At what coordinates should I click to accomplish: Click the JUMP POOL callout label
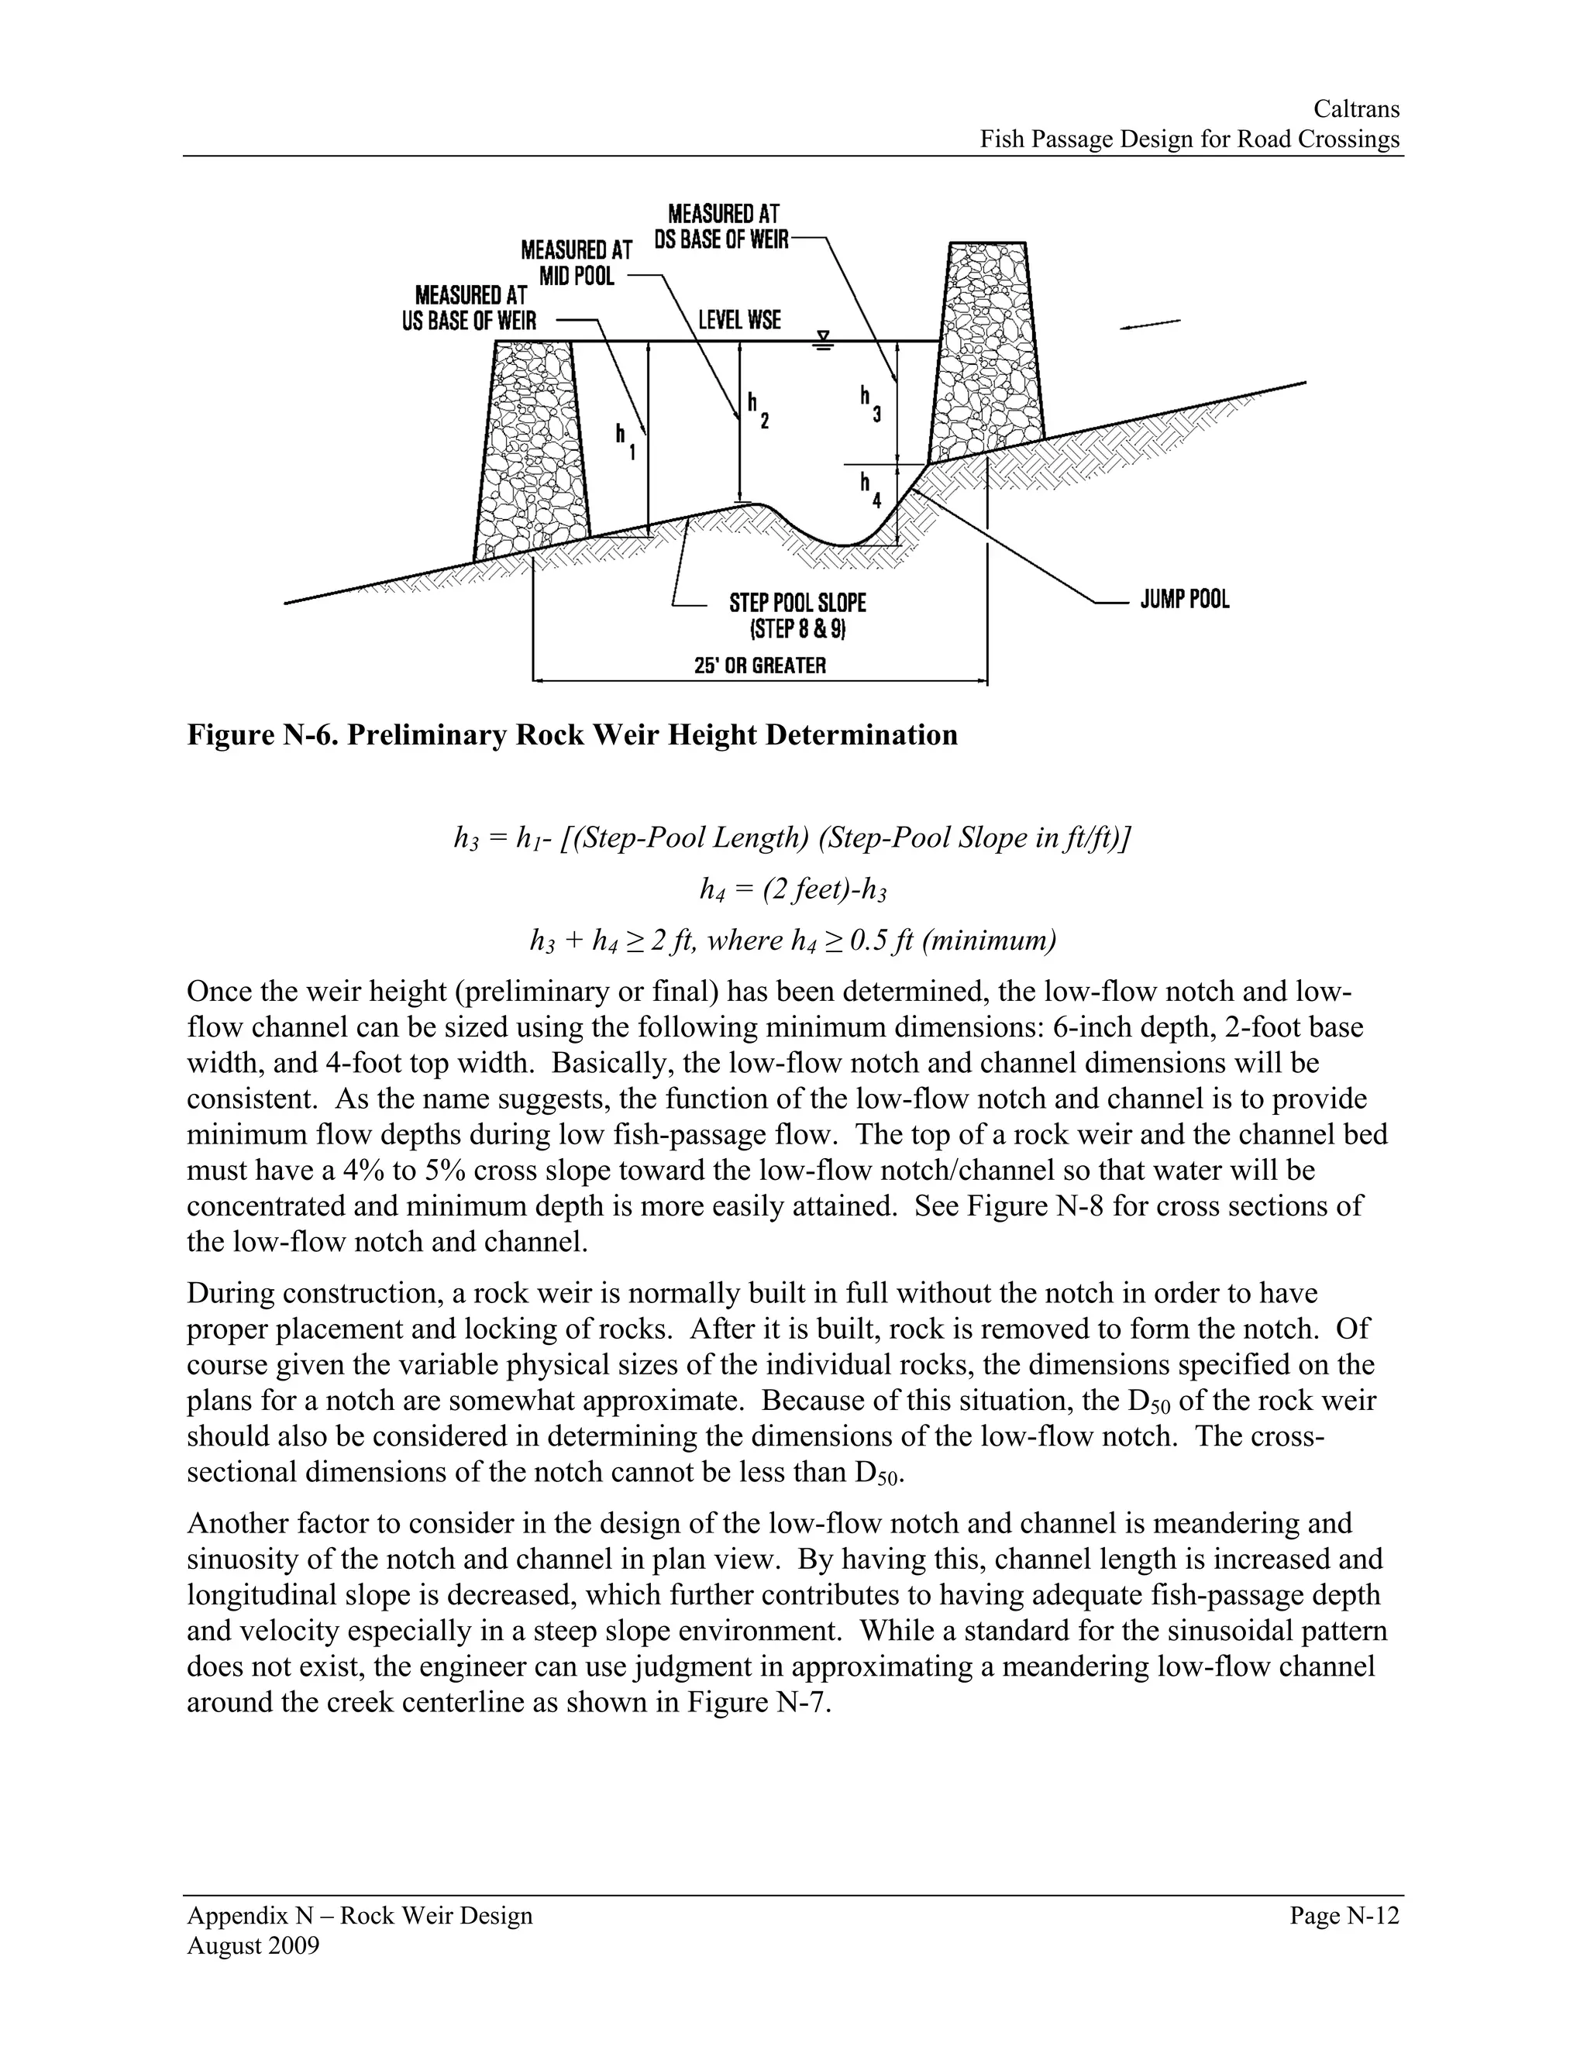(1184, 600)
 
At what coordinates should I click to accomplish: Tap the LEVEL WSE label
(739, 321)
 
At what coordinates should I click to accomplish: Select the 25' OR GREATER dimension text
(759, 665)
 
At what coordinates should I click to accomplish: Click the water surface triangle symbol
(824, 339)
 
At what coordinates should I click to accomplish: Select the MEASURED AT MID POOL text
(577, 263)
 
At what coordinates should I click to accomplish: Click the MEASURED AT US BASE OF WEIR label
(469, 308)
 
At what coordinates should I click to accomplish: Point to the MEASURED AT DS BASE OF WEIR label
(722, 226)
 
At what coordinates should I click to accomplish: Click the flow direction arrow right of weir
(1150, 325)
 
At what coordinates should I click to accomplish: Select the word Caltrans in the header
(1356, 109)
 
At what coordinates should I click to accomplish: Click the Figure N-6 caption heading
(573, 734)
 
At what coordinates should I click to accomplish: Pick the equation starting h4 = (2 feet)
(793, 889)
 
